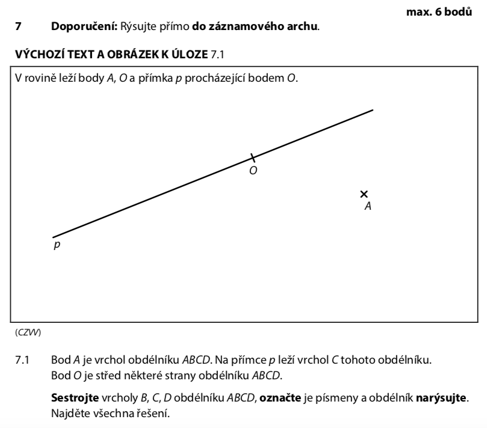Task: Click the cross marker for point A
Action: pyautogui.click(x=364, y=194)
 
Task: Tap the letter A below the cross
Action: pyautogui.click(x=368, y=206)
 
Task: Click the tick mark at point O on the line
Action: pyautogui.click(x=253, y=158)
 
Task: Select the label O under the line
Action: pyautogui.click(x=253, y=171)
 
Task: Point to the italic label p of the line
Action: pyautogui.click(x=57, y=245)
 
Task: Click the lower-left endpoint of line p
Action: pyautogui.click(x=53, y=237)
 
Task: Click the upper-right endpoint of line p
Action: pyautogui.click(x=373, y=109)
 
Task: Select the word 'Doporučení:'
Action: pyautogui.click(x=85, y=26)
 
